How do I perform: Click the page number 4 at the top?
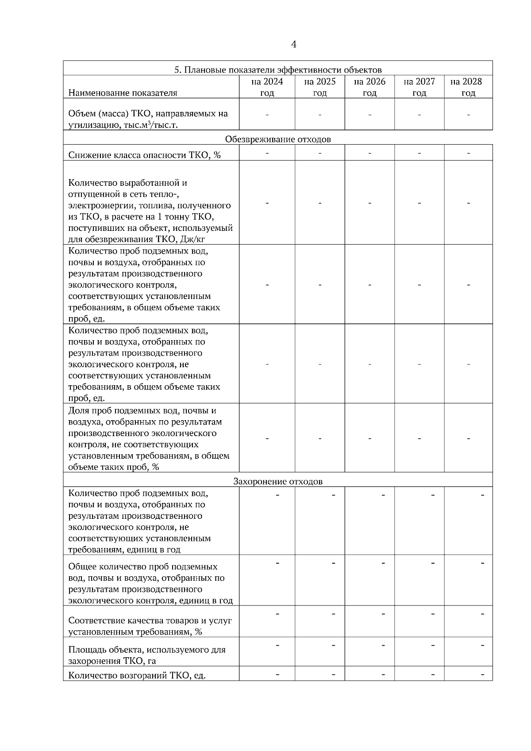(294, 44)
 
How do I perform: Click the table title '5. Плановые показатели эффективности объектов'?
(278, 70)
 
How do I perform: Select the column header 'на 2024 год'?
(267, 87)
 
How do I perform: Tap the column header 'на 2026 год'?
(369, 87)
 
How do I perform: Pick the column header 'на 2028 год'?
(468, 87)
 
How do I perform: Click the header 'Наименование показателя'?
(123, 93)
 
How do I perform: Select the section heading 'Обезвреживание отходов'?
(278, 139)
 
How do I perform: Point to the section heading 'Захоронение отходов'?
(278, 482)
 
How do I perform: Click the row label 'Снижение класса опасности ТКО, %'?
(144, 155)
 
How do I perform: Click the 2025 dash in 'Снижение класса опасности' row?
(319, 153)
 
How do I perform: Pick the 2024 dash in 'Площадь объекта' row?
(277, 645)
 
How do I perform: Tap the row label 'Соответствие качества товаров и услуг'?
(150, 621)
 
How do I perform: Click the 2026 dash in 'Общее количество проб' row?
(383, 563)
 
